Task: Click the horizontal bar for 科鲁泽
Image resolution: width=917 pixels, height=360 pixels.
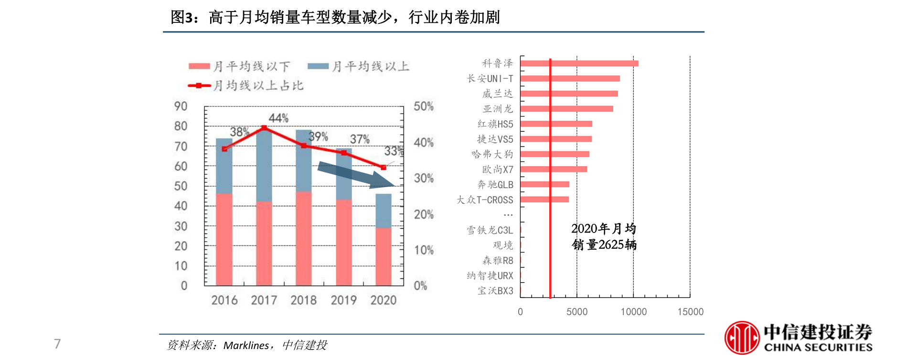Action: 579,64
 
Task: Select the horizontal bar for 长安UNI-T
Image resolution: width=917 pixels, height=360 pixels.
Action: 570,79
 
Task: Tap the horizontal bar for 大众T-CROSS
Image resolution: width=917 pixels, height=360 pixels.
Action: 544,200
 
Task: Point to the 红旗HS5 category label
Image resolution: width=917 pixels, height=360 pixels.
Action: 495,124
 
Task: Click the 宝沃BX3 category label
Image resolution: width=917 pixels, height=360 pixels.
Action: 495,291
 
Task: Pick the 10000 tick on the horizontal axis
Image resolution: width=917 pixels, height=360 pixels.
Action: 633,312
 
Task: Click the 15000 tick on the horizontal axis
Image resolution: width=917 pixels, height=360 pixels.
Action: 690,312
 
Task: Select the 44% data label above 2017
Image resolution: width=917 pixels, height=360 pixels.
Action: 278,118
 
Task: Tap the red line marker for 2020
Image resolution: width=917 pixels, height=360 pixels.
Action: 384,168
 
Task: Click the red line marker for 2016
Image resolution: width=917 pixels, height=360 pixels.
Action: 224,149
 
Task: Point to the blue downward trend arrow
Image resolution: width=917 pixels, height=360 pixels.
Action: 356,175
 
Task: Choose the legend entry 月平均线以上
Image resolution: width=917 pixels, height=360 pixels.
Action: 359,66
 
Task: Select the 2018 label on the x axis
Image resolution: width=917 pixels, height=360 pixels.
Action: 304,300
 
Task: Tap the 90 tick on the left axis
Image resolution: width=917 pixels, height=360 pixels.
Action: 181,106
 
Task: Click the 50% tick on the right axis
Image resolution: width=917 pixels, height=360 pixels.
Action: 424,106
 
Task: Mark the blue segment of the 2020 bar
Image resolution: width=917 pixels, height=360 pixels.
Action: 384,211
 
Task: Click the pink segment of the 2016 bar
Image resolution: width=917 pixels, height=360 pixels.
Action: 224,239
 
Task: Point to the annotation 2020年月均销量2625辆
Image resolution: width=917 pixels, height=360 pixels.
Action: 604,237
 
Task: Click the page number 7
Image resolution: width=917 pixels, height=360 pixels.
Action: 57,344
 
